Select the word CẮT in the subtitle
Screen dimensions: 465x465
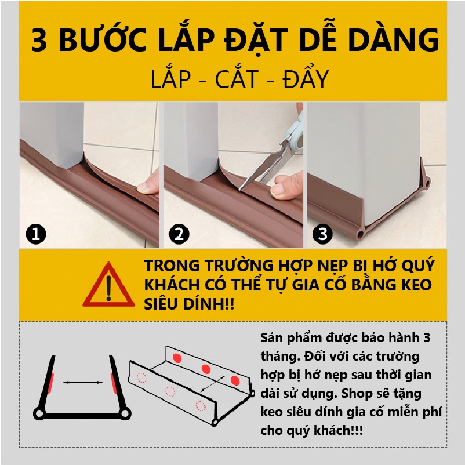click(237, 79)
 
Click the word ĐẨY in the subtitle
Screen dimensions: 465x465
click(306, 79)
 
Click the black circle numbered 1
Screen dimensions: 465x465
click(36, 234)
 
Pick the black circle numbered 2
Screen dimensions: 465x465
click(179, 234)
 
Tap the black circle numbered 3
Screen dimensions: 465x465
click(322, 234)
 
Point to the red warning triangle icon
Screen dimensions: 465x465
click(108, 285)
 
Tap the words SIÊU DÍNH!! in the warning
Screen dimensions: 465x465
click(189, 304)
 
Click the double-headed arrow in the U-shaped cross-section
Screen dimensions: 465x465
click(83, 383)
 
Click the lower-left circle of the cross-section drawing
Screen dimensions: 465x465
click(39, 413)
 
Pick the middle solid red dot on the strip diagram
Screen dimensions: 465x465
click(206, 369)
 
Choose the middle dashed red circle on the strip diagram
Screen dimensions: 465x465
click(170, 391)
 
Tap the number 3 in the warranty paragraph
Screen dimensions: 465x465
click(427, 338)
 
